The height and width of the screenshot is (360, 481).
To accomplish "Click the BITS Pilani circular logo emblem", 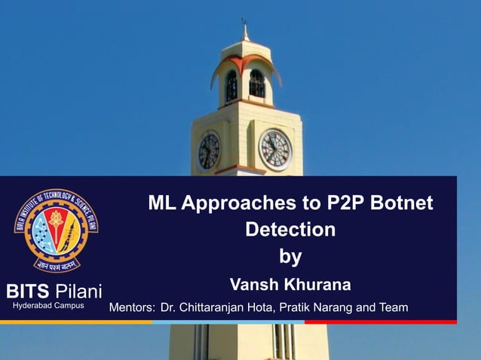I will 57,230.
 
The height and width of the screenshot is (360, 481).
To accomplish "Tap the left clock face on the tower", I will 209,151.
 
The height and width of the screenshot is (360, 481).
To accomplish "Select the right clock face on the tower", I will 274,149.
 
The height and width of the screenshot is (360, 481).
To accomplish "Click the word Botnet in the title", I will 403,203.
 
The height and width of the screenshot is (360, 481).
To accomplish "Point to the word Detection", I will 290,230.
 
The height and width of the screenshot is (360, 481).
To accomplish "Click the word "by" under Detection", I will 290,257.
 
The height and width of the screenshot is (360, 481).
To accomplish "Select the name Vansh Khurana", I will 290,285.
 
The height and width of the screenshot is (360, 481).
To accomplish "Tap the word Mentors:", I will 132,307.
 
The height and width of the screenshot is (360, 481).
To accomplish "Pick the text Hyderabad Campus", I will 48,307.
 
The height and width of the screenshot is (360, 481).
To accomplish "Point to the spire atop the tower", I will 244,30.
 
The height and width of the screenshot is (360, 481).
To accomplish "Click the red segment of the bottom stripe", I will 381,322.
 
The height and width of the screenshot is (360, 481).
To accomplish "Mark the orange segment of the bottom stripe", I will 75,322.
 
